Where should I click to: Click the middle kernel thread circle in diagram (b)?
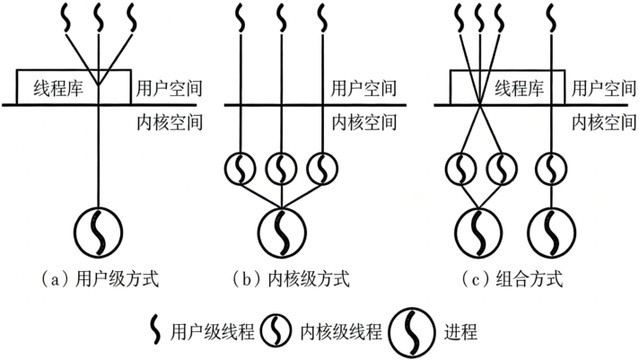[282, 168]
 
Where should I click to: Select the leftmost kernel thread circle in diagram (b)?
[241, 168]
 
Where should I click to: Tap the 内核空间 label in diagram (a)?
[168, 120]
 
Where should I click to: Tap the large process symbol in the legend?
[411, 330]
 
